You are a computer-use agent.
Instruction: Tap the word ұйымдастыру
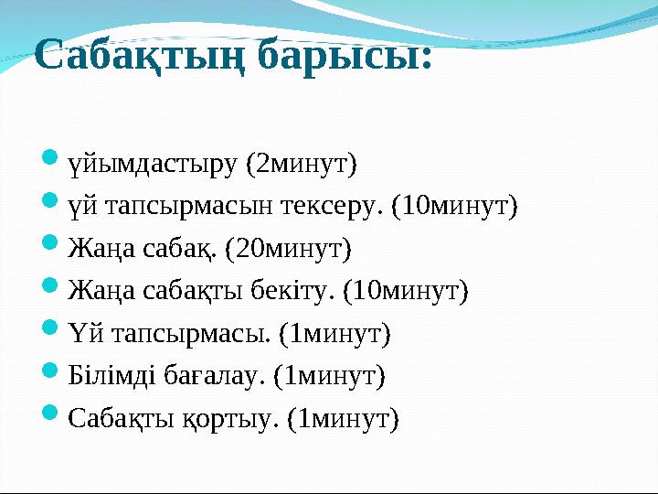click(x=153, y=166)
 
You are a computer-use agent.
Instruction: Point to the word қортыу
click(x=231, y=418)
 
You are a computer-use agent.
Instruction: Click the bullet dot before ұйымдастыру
click(x=52, y=164)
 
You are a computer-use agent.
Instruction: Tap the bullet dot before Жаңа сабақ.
click(x=52, y=247)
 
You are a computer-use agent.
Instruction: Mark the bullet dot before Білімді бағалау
click(x=52, y=373)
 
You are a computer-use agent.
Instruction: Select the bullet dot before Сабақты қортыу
click(x=52, y=416)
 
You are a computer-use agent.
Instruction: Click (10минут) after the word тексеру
click(x=454, y=207)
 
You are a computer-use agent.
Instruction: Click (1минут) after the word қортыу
click(x=344, y=418)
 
